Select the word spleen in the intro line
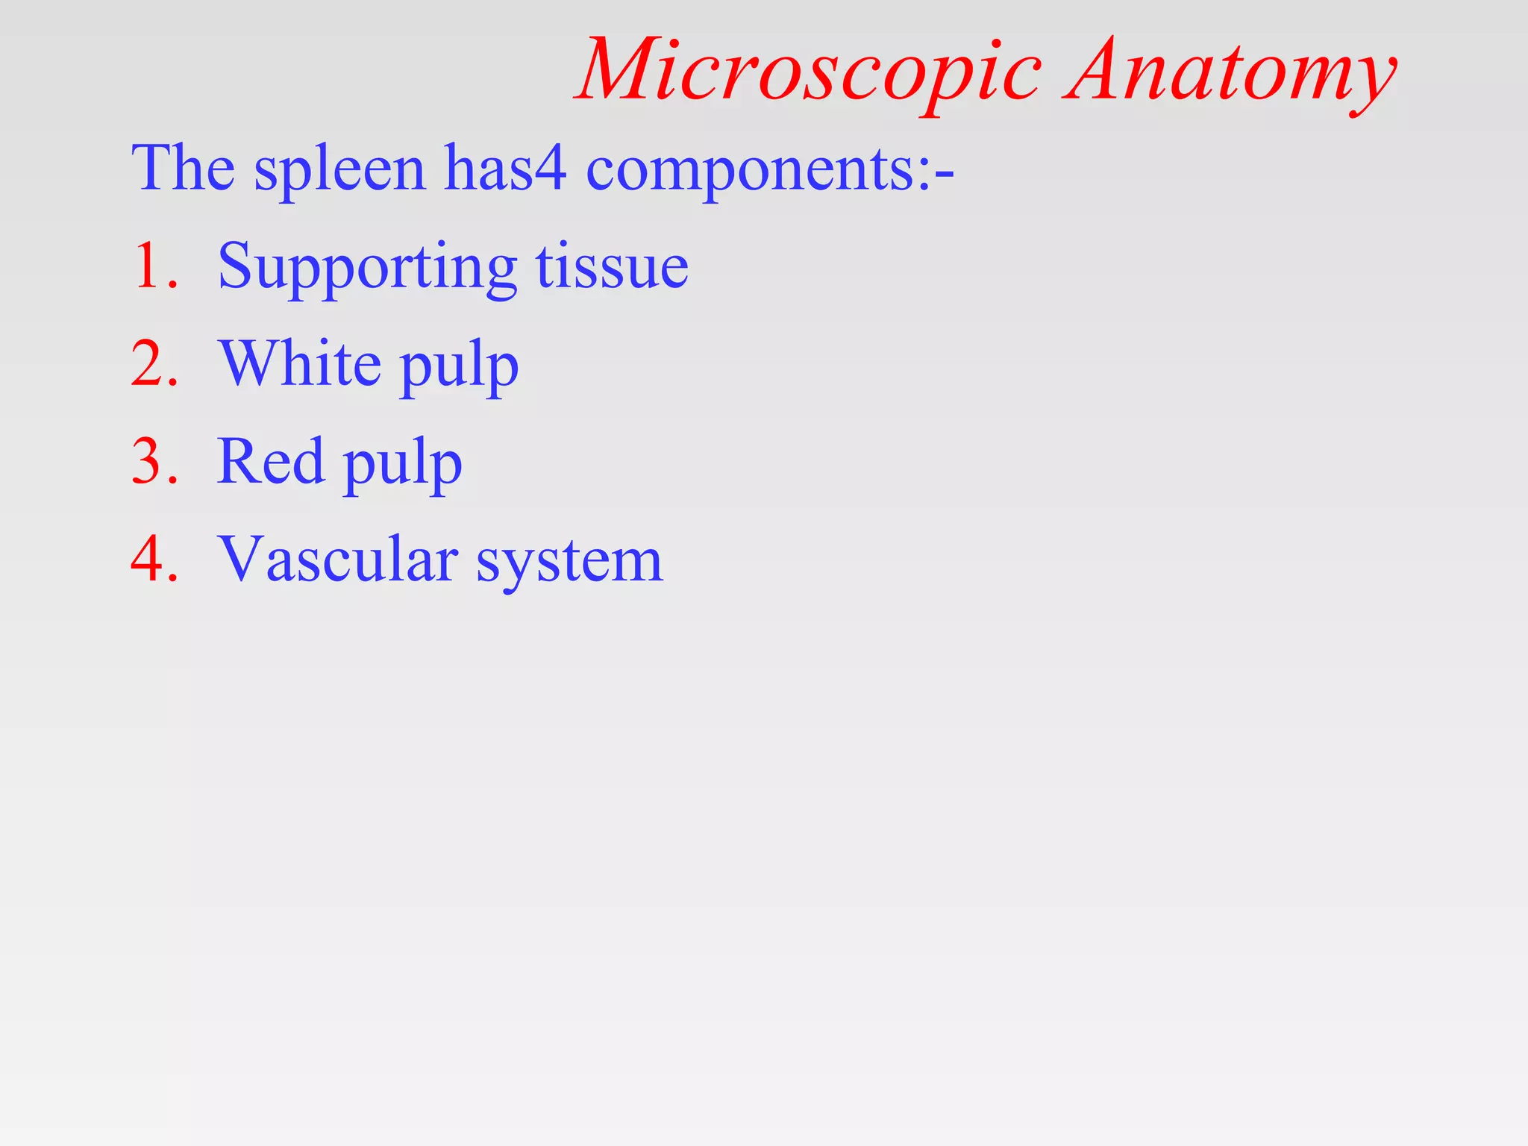pos(340,170)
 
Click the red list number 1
pos(153,266)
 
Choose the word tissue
pos(612,266)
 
